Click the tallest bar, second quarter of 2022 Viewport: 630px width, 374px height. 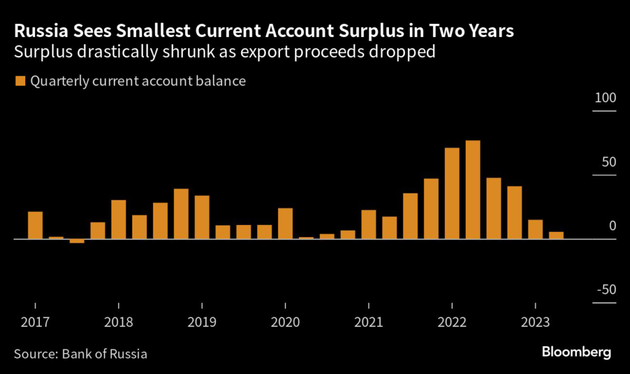pyautogui.click(x=472, y=190)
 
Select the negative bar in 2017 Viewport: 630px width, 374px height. pyautogui.click(x=77, y=241)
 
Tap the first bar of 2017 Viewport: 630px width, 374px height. pyautogui.click(x=35, y=225)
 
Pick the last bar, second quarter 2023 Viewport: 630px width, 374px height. pyautogui.click(x=556, y=235)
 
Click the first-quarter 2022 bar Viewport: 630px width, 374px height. pyautogui.click(x=452, y=193)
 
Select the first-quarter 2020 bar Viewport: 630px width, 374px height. pyautogui.click(x=285, y=223)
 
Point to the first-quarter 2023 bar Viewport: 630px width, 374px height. pyautogui.click(x=535, y=229)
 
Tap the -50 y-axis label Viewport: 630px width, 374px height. pyautogui.click(x=604, y=291)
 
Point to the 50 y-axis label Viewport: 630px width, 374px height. pyautogui.click(x=608, y=163)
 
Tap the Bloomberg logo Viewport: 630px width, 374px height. pyautogui.click(x=576, y=352)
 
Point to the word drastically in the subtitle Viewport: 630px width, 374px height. pyautogui.click(x=115, y=52)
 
